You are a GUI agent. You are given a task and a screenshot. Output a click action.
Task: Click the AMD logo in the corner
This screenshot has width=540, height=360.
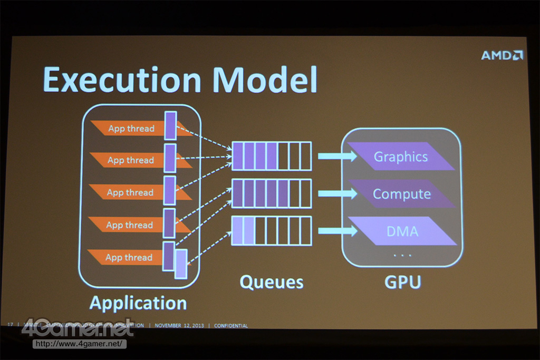tap(502, 55)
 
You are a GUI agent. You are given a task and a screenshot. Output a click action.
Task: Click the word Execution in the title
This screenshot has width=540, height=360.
tap(122, 79)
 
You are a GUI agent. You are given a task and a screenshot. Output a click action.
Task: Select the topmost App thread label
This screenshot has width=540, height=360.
tap(131, 128)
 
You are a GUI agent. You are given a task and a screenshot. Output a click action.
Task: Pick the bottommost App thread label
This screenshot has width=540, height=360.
tap(129, 257)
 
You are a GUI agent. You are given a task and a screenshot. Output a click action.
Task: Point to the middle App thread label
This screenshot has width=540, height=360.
tap(130, 192)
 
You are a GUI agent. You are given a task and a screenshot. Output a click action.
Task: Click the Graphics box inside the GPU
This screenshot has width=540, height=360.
tap(401, 157)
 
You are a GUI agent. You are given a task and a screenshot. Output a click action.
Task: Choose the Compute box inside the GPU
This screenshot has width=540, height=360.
tap(402, 194)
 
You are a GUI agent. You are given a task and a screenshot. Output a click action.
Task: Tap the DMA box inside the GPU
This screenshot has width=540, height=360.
tap(402, 231)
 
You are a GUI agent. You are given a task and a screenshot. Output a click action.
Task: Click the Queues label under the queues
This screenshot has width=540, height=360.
tap(272, 282)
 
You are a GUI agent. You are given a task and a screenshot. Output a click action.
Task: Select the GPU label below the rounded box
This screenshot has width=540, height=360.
tap(402, 282)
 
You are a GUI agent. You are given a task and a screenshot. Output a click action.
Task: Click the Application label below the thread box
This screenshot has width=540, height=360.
tap(138, 303)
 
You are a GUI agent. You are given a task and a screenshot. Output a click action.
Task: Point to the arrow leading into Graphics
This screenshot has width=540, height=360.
tap(336, 156)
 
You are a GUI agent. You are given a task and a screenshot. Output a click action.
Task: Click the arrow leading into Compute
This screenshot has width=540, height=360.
tap(336, 193)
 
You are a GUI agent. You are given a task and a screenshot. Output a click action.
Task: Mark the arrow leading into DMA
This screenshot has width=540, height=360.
tap(336, 231)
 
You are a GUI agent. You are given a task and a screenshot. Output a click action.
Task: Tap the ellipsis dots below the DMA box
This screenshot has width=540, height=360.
tap(402, 256)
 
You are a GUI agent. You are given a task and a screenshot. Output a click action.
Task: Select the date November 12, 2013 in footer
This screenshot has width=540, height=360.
tap(179, 326)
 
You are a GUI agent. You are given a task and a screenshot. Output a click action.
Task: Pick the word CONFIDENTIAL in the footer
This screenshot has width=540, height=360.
tap(230, 326)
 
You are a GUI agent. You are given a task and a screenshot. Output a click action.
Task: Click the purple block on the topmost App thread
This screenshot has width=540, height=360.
tap(170, 125)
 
